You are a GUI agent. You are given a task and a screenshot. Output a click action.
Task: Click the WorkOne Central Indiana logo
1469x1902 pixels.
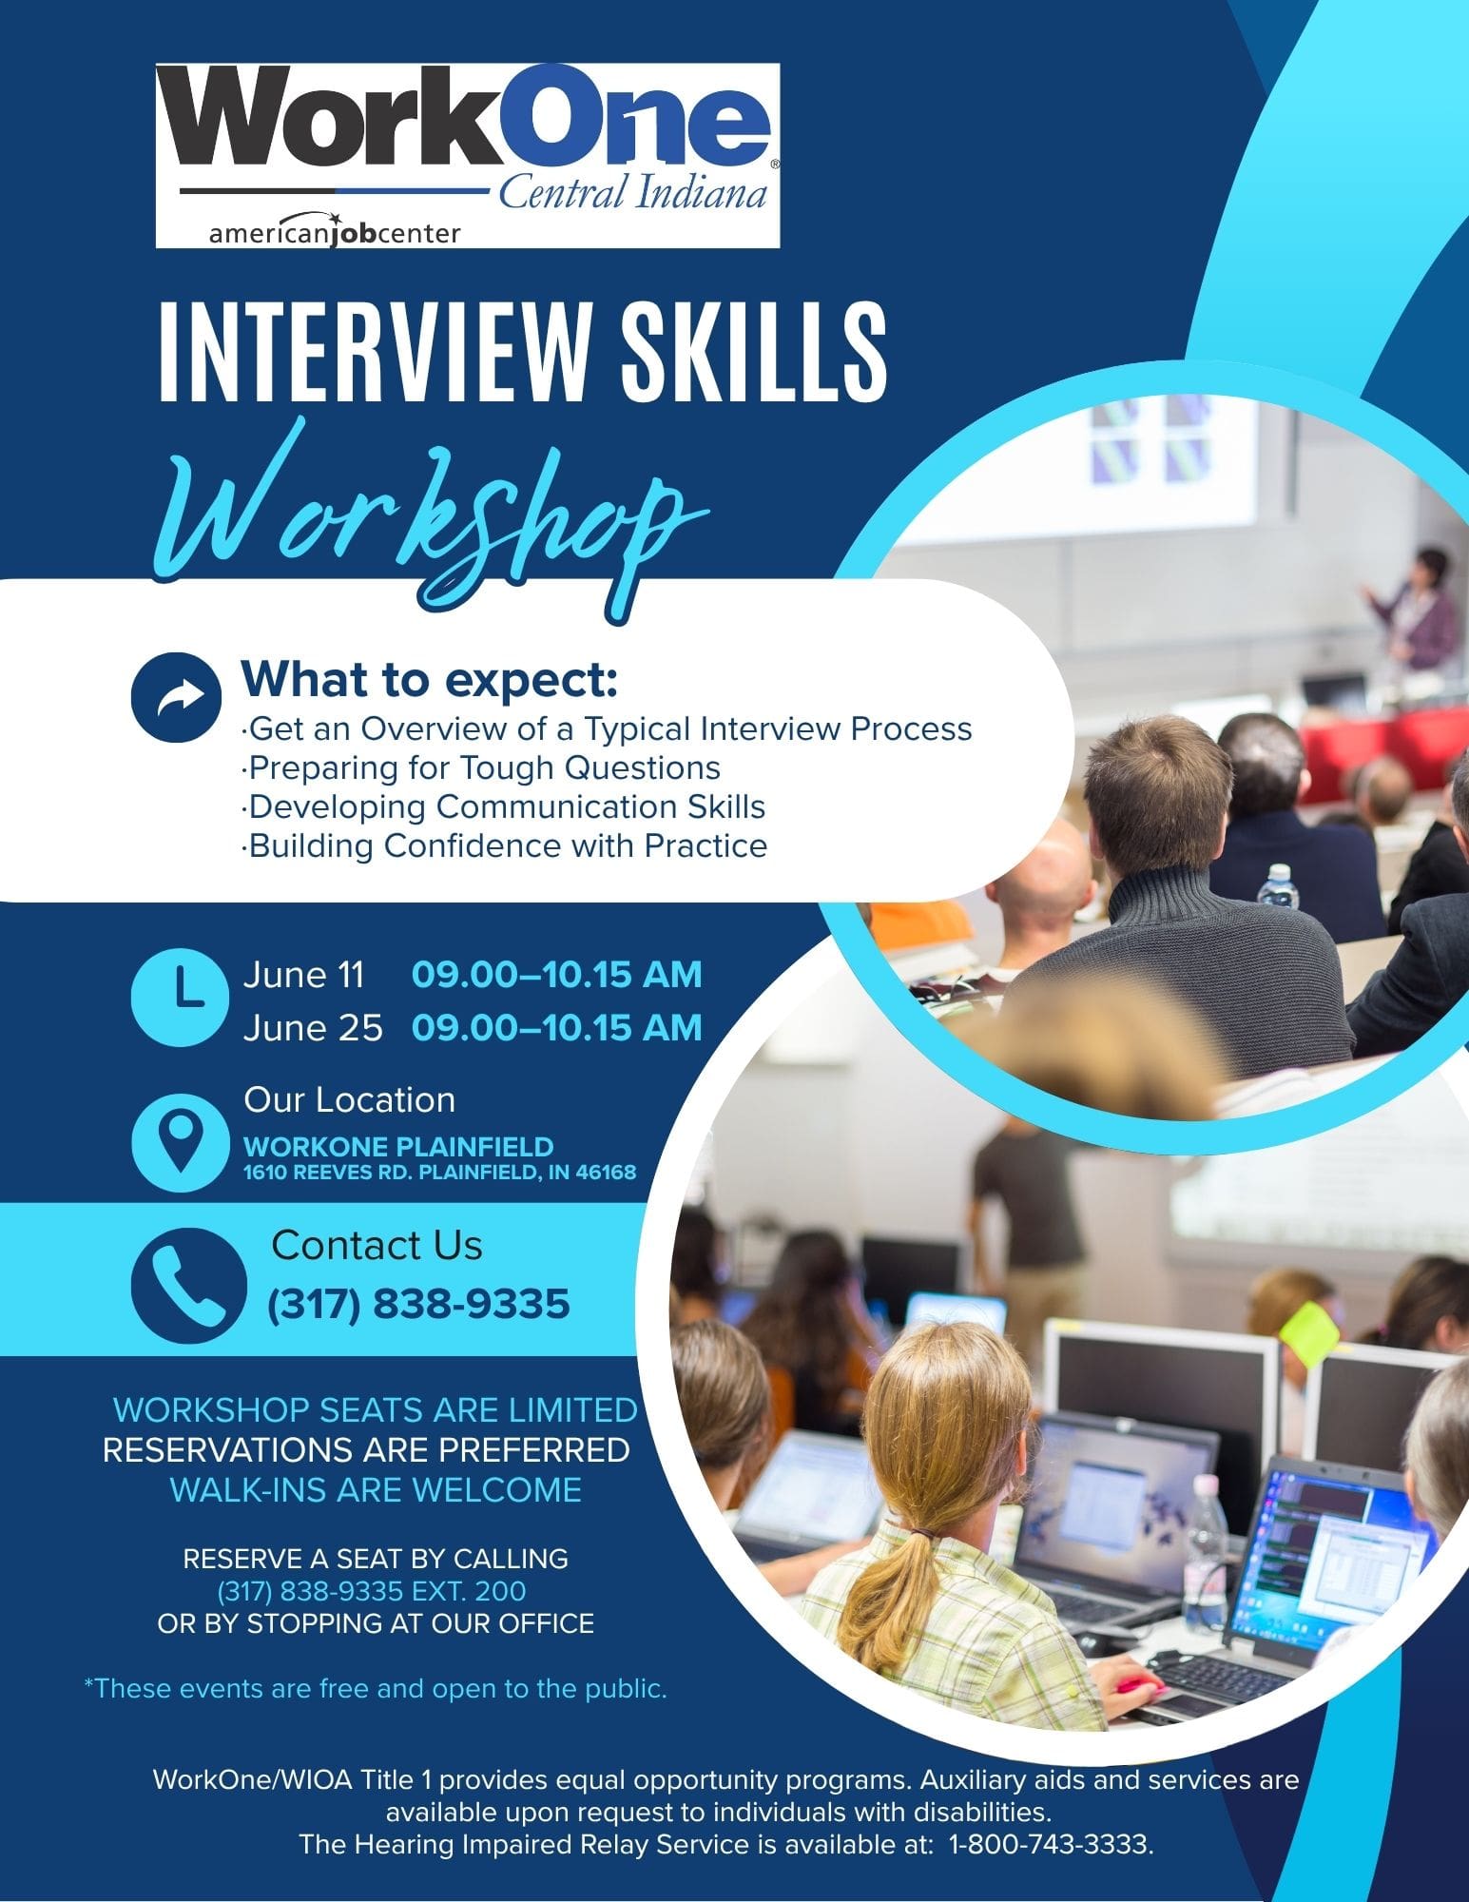click(468, 156)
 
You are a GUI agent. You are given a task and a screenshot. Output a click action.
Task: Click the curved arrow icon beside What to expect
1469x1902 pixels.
click(170, 697)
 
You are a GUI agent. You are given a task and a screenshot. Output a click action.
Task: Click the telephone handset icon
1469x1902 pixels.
click(188, 1279)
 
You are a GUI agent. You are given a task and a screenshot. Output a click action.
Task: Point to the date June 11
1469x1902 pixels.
click(303, 975)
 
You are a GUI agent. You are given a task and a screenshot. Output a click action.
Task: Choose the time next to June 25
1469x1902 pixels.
click(557, 1028)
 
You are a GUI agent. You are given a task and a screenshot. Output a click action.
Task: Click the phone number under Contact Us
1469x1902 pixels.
click(419, 1304)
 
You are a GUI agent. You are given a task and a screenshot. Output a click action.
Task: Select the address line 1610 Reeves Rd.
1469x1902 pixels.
click(440, 1173)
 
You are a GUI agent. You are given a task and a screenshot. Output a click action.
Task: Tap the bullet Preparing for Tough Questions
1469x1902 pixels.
click(481, 767)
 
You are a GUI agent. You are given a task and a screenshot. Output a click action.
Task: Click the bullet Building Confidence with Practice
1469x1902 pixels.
click(505, 845)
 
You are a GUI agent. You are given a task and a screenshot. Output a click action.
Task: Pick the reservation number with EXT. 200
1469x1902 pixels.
click(372, 1591)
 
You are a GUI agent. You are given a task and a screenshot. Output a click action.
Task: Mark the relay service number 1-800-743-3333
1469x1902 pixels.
click(1051, 1845)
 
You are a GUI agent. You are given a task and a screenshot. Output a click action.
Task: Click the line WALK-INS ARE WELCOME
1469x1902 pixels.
click(376, 1489)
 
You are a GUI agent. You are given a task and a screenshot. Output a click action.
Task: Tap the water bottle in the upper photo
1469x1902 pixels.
click(1278, 886)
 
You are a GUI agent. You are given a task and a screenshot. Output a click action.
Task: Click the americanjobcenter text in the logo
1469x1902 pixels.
click(335, 233)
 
